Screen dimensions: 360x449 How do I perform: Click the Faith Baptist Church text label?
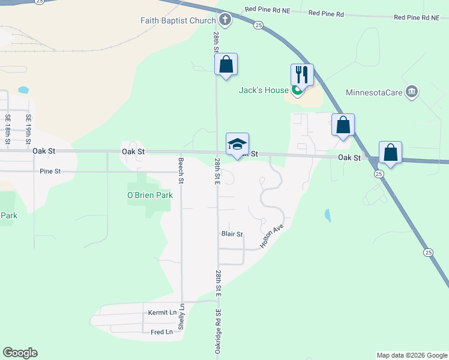point(178,20)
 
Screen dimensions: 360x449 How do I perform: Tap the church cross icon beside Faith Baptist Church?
point(224,20)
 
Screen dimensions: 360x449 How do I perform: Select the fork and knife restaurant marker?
point(302,74)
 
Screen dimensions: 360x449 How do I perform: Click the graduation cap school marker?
point(237,144)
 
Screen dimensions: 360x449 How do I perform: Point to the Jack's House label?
point(264,91)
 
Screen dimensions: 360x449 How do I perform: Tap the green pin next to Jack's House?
point(297,91)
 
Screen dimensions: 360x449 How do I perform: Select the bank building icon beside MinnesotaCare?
point(412,92)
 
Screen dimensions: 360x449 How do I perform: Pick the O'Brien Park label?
point(149,195)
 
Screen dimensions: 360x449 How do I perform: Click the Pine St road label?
point(50,172)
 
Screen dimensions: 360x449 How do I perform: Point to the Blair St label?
point(232,234)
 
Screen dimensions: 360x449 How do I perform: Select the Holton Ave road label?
point(271,237)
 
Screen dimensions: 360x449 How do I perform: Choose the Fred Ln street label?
point(161,332)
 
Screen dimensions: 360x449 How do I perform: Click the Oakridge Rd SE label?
point(218,331)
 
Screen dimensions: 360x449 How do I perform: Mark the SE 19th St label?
point(28,127)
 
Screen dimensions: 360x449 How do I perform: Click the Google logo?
point(20,353)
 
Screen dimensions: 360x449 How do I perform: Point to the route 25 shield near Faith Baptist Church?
point(258,25)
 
